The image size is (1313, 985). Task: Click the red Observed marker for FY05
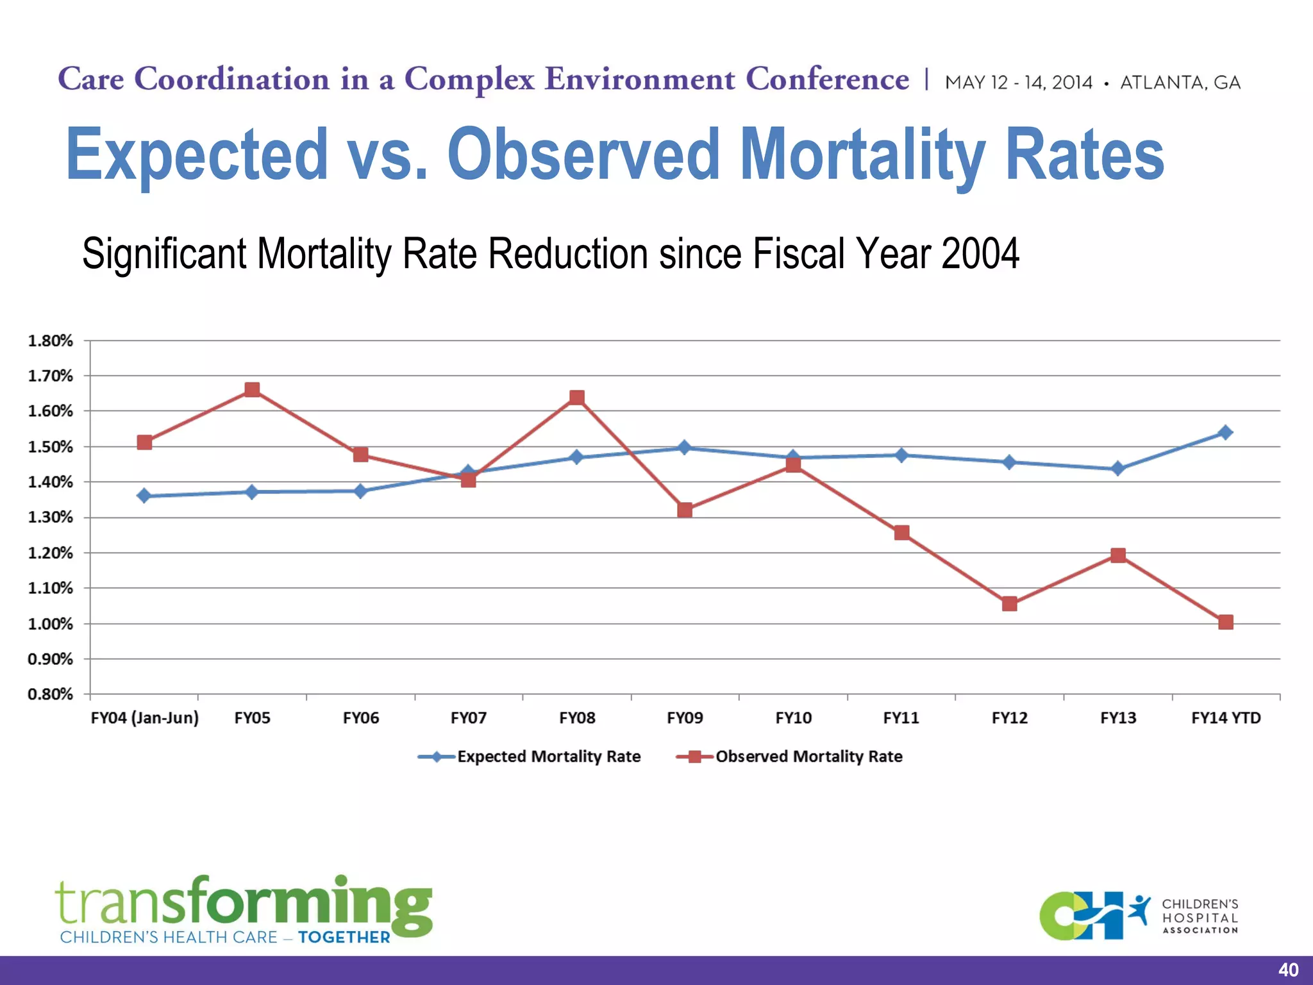[252, 390]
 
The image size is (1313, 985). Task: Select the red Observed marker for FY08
[576, 398]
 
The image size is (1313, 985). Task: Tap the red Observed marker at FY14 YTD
[1225, 622]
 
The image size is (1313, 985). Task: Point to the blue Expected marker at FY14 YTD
[1225, 432]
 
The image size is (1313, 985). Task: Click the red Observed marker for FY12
[1009, 603]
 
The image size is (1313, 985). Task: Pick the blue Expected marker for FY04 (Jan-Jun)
[144, 496]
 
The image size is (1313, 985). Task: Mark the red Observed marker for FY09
[685, 510]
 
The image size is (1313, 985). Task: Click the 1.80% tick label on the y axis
[51, 341]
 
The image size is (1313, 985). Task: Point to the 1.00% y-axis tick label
[51, 624]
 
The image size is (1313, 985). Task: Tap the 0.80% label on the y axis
[51, 695]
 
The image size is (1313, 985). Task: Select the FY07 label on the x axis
[469, 718]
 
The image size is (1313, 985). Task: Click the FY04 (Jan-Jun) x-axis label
[145, 718]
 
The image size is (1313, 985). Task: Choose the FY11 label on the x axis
[901, 718]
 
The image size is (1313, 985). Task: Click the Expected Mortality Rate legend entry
[548, 757]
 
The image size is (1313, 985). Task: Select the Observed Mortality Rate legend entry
[808, 757]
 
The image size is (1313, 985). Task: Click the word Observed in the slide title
[583, 155]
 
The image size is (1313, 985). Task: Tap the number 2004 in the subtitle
[980, 254]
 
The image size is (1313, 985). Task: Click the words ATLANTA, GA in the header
[1180, 83]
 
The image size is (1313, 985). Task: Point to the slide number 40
[1288, 970]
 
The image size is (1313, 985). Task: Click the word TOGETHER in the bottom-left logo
[344, 938]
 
